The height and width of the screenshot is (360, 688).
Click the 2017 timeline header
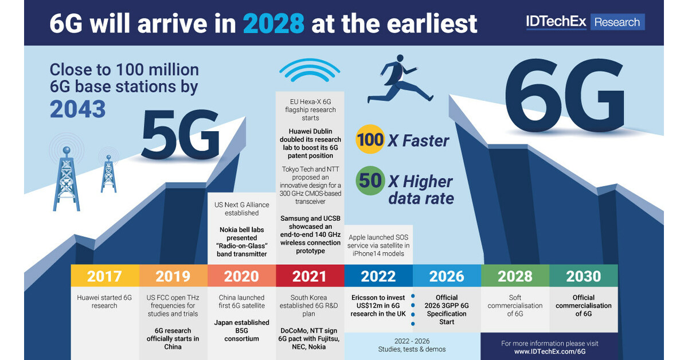(104, 276)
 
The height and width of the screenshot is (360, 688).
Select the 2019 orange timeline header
(173, 276)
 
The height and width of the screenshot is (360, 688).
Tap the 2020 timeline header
(241, 276)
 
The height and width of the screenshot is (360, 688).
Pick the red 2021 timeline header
(310, 276)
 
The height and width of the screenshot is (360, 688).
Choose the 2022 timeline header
(378, 276)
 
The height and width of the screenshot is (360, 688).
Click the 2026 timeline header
(447, 276)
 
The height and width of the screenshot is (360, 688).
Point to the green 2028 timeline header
(515, 276)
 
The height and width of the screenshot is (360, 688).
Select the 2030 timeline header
(583, 276)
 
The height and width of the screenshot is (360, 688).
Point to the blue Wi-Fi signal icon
(310, 73)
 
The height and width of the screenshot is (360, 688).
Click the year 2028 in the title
(273, 23)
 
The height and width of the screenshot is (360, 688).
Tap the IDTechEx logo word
(556, 22)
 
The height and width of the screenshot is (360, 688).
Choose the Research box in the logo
(617, 22)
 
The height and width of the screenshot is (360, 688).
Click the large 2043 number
(78, 109)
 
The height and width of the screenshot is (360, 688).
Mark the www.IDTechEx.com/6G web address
(549, 351)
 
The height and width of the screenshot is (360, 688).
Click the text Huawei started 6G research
(104, 302)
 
